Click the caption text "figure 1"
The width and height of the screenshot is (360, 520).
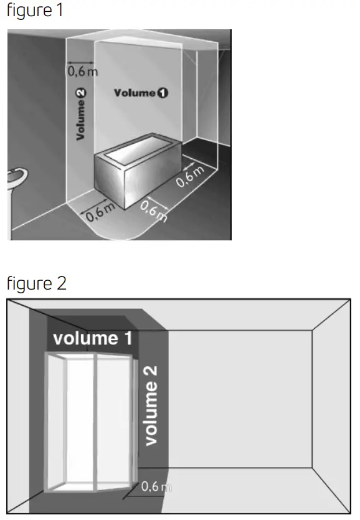35,12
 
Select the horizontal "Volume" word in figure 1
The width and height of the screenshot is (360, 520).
134,93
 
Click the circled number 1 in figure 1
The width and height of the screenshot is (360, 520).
163,93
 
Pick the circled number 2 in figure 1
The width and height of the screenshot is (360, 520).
81,93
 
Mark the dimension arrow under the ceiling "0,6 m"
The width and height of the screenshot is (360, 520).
80,62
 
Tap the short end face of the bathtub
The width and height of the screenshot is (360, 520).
110,181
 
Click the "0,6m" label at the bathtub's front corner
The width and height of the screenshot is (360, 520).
153,212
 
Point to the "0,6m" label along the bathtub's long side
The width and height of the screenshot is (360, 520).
190,177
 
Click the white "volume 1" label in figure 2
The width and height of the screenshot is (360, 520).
93,339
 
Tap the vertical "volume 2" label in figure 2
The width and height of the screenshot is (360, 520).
151,405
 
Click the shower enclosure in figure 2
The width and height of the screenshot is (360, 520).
91,423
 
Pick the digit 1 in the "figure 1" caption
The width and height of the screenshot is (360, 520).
60,12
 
